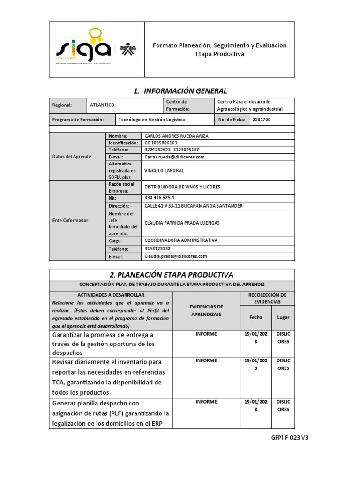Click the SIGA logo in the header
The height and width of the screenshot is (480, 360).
(x=83, y=48)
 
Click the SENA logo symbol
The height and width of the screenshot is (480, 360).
(x=125, y=49)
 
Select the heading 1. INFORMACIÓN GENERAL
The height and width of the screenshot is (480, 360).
(x=180, y=91)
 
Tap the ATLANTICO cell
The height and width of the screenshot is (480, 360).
(x=102, y=105)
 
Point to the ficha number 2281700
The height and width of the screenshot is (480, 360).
(x=261, y=120)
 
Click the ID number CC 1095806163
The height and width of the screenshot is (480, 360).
(x=161, y=142)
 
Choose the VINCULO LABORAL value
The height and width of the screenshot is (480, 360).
(x=165, y=171)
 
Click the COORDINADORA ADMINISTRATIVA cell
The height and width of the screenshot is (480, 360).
(x=181, y=240)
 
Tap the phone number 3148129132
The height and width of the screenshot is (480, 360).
(x=157, y=248)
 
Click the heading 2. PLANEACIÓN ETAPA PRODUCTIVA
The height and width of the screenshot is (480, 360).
(x=172, y=274)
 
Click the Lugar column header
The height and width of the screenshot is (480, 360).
(x=283, y=317)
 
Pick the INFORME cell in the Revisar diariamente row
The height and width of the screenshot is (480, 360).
(x=206, y=360)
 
